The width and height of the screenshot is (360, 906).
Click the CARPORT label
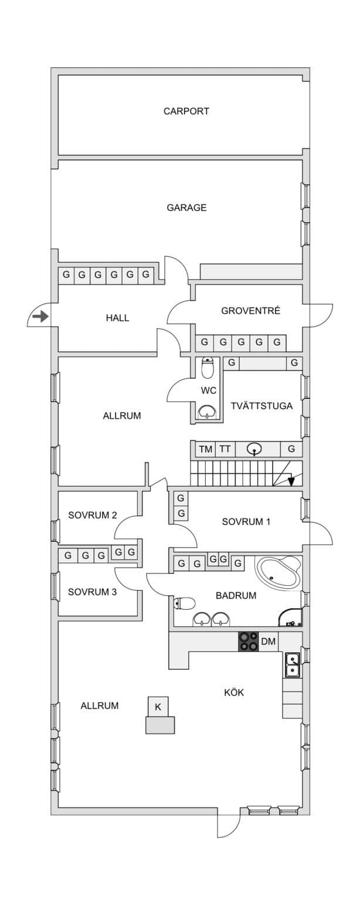click(x=186, y=111)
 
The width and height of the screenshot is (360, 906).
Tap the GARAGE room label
click(x=186, y=208)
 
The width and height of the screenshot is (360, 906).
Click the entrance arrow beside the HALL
click(x=40, y=317)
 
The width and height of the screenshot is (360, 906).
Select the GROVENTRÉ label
click(x=250, y=311)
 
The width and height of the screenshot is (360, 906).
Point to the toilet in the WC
click(x=208, y=367)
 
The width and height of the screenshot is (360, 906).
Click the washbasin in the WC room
click(x=208, y=412)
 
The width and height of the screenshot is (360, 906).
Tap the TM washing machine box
click(x=206, y=449)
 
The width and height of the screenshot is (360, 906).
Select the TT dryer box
click(x=225, y=449)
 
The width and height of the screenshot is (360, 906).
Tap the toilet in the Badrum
click(x=185, y=603)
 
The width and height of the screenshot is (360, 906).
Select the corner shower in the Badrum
click(x=290, y=617)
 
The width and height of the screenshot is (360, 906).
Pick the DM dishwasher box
click(x=268, y=642)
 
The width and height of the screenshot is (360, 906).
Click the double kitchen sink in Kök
click(x=293, y=665)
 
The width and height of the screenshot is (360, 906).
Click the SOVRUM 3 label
click(x=92, y=592)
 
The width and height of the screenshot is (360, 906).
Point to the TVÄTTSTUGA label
click(x=261, y=406)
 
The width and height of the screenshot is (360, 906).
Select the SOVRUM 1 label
click(x=246, y=522)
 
